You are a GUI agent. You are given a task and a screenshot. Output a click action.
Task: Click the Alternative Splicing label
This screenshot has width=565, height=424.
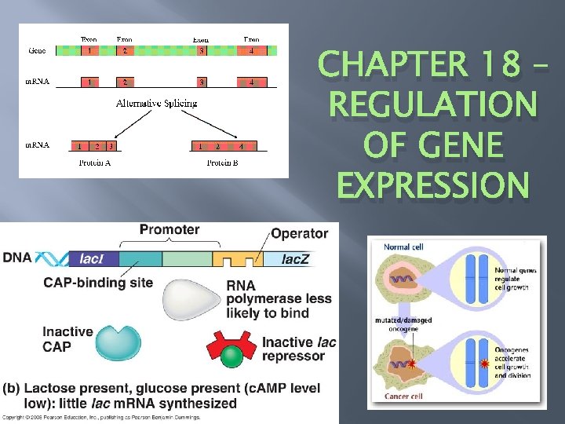click(156, 103)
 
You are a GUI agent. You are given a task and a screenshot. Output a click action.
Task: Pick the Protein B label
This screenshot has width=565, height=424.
click(222, 163)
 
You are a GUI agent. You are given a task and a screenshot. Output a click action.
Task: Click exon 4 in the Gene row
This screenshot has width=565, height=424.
click(251, 51)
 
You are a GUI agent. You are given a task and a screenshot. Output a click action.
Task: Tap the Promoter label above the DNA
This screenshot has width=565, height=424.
click(169, 230)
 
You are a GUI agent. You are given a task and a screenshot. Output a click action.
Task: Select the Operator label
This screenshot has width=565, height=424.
click(299, 233)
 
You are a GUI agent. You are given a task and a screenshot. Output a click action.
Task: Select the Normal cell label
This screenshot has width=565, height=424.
click(403, 247)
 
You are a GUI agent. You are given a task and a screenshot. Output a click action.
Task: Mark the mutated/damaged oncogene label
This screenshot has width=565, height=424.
click(407, 325)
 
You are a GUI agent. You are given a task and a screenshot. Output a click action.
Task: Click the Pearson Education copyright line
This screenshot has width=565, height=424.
click(102, 417)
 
